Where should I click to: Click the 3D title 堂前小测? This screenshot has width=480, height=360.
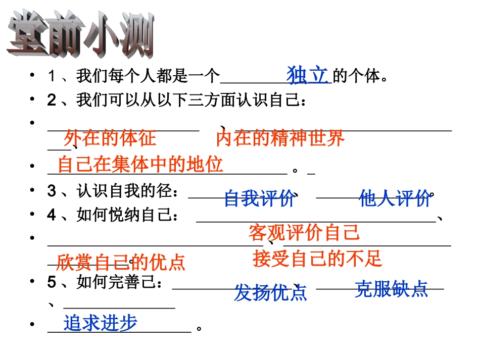(x=81, y=34)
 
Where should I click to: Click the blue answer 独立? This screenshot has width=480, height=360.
(x=308, y=75)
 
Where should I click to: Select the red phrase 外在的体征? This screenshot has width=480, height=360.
(x=110, y=138)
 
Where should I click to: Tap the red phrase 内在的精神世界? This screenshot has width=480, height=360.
(x=280, y=138)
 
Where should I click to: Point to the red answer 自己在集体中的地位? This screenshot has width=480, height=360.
(x=140, y=164)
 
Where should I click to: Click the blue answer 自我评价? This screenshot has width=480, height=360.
(x=260, y=198)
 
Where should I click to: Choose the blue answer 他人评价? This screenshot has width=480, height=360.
(x=395, y=198)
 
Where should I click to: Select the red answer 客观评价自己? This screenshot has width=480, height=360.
(x=304, y=232)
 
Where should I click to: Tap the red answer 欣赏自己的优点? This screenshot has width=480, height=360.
(x=121, y=263)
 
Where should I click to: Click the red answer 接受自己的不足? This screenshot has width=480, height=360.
(x=317, y=259)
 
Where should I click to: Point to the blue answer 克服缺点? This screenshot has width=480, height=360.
(x=391, y=289)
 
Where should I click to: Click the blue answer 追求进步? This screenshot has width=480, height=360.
(x=101, y=323)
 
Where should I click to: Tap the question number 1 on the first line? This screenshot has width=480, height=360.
(x=52, y=76)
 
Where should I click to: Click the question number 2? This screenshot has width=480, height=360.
(x=52, y=99)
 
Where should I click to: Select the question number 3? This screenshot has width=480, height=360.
(x=52, y=191)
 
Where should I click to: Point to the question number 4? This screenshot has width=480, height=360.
(x=52, y=215)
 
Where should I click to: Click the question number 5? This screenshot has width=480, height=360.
(x=52, y=282)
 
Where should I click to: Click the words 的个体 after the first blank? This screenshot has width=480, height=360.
(x=356, y=76)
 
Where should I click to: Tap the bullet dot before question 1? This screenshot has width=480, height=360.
(x=32, y=75)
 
